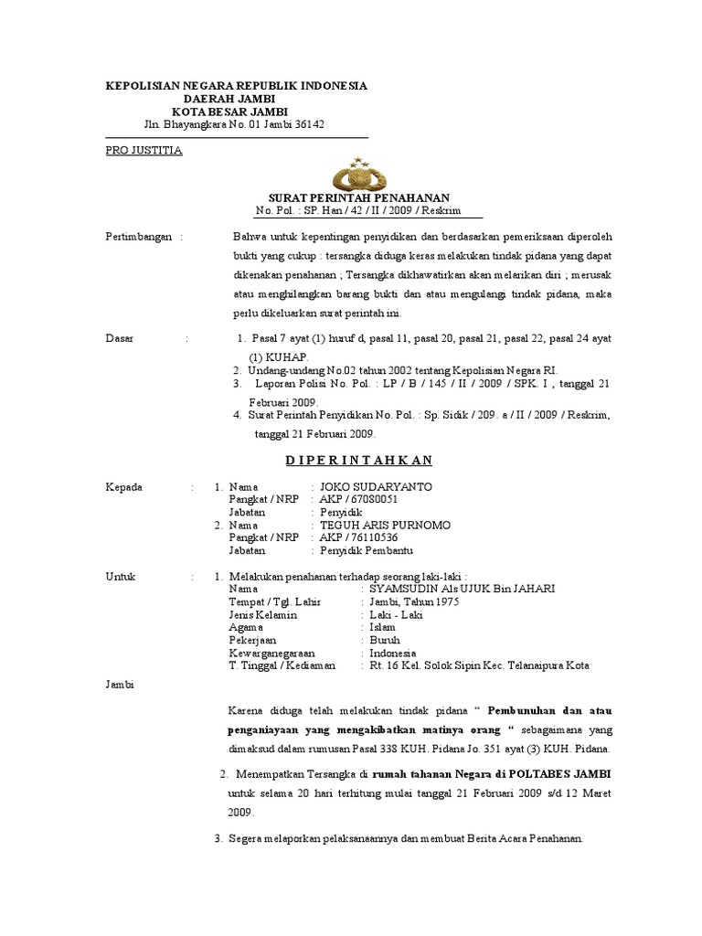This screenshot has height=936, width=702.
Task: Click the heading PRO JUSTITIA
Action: click(144, 150)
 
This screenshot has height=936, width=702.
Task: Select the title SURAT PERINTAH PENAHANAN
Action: click(358, 197)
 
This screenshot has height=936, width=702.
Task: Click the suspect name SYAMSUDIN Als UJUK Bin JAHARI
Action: click(462, 590)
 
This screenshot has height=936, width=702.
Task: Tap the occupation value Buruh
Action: click(385, 641)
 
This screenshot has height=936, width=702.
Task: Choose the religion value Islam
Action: click(383, 628)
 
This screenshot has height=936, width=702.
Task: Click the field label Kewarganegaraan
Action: click(272, 654)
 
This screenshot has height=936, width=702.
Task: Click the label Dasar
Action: click(120, 338)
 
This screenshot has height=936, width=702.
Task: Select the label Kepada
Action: click(124, 487)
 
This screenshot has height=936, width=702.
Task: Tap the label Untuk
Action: click(121, 577)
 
